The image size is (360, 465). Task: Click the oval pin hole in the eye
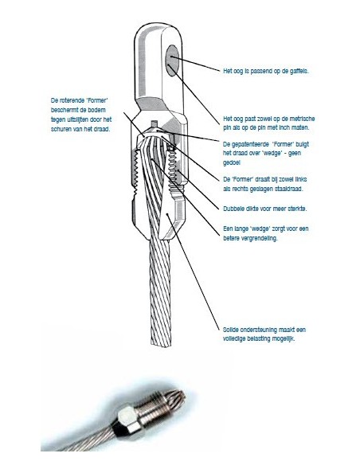[172, 61]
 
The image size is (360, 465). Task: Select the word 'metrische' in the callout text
[301, 119]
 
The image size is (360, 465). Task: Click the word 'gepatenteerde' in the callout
[250, 144]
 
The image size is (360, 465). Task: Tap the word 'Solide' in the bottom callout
[231, 330]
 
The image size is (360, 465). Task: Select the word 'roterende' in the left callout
[72, 100]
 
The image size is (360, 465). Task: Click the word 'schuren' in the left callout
[61, 129]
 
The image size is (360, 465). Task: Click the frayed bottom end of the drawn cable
[162, 342]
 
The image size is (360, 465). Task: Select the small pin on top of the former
[153, 123]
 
